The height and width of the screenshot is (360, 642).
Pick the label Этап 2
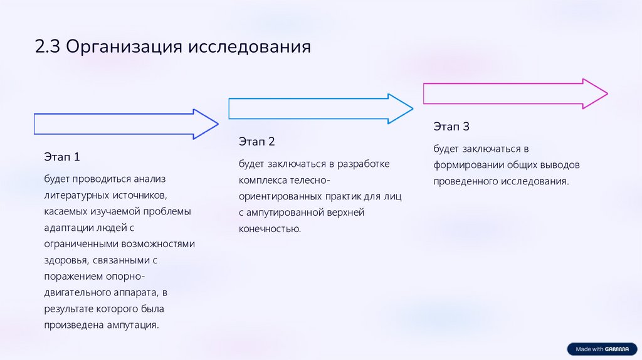point(256,142)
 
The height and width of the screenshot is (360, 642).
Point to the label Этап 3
point(451,127)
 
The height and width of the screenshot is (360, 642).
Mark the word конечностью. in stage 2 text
point(270,229)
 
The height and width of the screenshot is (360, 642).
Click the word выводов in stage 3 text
point(559,165)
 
